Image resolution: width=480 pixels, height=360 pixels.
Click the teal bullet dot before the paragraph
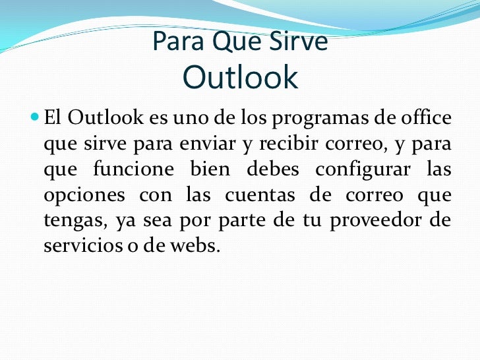pyautogui.click(x=35, y=117)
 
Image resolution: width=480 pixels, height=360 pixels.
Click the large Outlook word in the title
pyautogui.click(x=240, y=77)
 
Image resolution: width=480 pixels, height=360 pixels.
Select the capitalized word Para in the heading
pyautogui.click(x=178, y=41)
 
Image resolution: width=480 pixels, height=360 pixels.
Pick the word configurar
pyautogui.click(x=363, y=169)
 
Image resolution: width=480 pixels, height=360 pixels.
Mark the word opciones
pyautogui.click(x=84, y=196)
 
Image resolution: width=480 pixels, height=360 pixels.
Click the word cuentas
pyautogui.click(x=260, y=195)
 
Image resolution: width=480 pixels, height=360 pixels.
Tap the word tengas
pyautogui.click(x=76, y=221)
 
